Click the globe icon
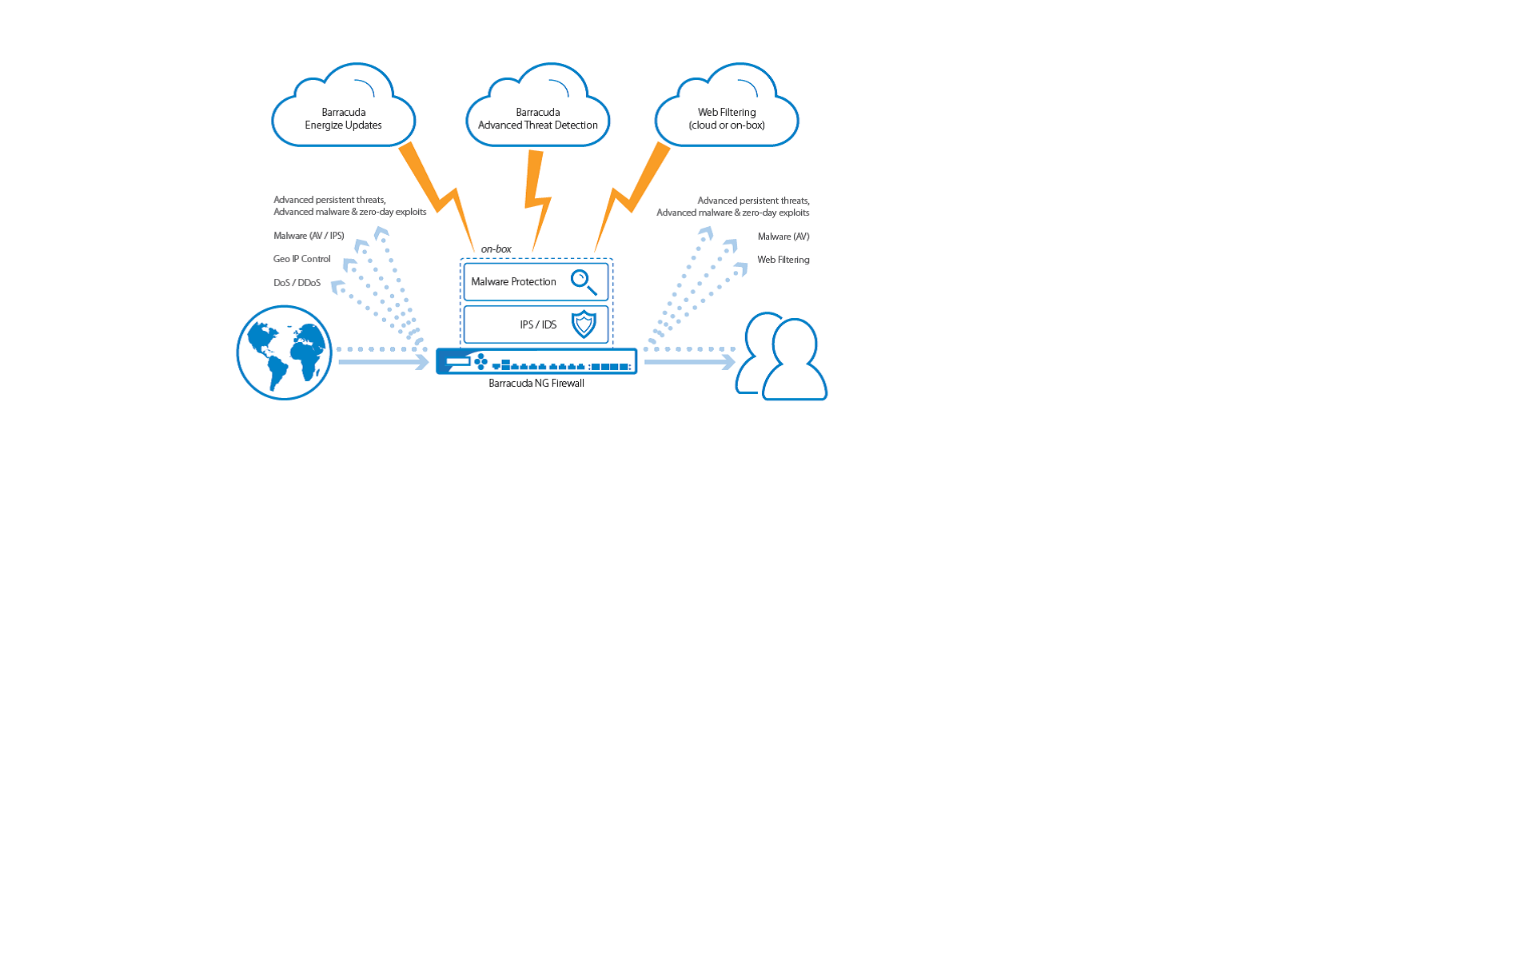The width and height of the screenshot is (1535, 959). (285, 352)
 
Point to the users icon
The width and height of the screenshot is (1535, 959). (781, 356)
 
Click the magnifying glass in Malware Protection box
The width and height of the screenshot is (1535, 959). (584, 282)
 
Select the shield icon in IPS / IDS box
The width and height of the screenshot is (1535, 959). (584, 324)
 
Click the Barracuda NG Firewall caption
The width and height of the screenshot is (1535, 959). (536, 384)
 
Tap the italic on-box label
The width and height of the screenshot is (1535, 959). (496, 249)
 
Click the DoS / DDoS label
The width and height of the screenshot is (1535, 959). (297, 283)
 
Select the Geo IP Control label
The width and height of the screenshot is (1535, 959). (302, 259)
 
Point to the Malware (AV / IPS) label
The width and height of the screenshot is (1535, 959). (309, 236)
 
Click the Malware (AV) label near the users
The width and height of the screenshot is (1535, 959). (783, 237)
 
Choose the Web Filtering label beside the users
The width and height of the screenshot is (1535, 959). (783, 260)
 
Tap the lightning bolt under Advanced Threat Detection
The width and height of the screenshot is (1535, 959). (537, 200)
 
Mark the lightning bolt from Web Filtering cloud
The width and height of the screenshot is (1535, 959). (632, 197)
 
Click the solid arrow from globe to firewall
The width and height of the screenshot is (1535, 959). (384, 362)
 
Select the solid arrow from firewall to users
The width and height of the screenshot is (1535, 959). (690, 362)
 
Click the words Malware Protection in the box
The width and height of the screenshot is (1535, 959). (513, 282)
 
